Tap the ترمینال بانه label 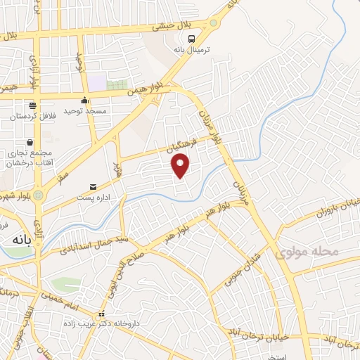pos(193,50)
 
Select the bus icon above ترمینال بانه pos(193,38)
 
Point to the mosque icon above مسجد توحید pos(84,100)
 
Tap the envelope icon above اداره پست pos(93,186)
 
